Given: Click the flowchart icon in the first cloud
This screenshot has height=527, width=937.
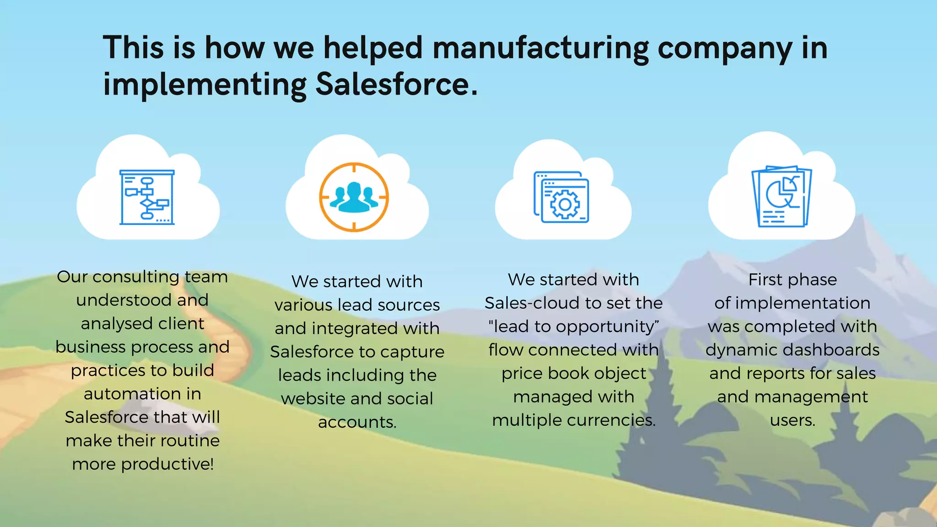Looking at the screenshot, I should click(147, 198).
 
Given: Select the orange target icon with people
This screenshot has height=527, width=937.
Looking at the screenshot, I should click(354, 197).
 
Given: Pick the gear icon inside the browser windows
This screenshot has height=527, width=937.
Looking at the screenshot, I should click(565, 204).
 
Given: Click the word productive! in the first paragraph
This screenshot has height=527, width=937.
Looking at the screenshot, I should click(167, 464).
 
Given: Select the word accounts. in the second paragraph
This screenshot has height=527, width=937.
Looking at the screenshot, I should click(357, 422).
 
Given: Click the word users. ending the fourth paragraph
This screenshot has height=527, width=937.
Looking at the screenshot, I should click(792, 420).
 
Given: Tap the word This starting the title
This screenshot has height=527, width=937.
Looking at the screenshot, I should click(133, 48).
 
